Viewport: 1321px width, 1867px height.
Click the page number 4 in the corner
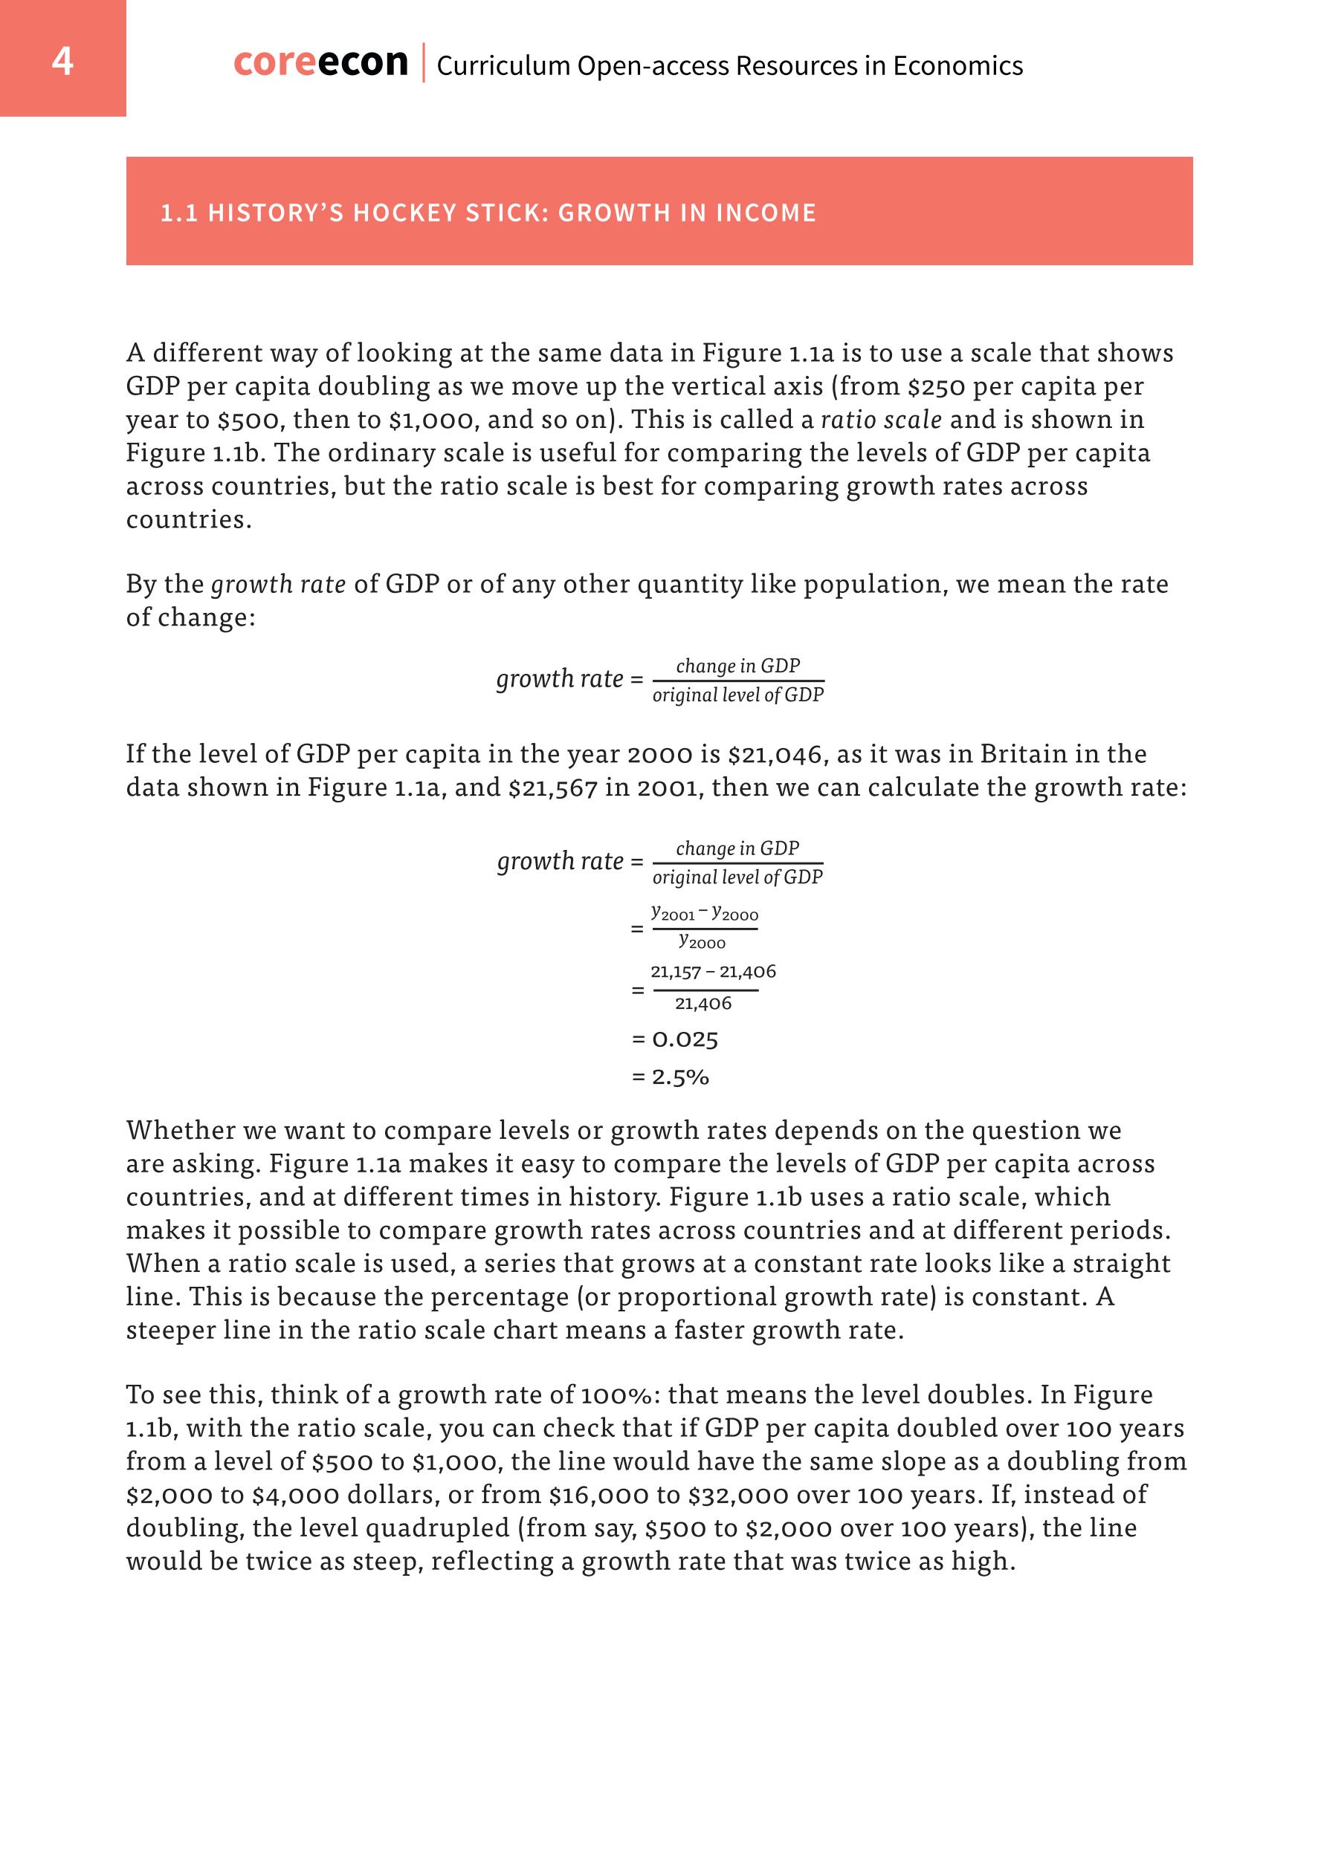(x=62, y=61)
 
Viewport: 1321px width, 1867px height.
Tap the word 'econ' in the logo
(x=363, y=62)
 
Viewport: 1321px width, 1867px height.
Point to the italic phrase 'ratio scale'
(x=881, y=420)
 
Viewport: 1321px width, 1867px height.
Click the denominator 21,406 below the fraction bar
(x=703, y=1004)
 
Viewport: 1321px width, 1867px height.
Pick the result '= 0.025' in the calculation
(x=674, y=1039)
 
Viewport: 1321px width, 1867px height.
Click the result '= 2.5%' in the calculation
(x=671, y=1077)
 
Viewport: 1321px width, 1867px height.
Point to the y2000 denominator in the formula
(x=702, y=941)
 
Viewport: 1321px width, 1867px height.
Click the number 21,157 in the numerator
(x=675, y=972)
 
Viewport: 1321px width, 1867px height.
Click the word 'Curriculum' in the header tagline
(x=503, y=66)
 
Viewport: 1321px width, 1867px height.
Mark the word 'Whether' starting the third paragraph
(x=181, y=1130)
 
